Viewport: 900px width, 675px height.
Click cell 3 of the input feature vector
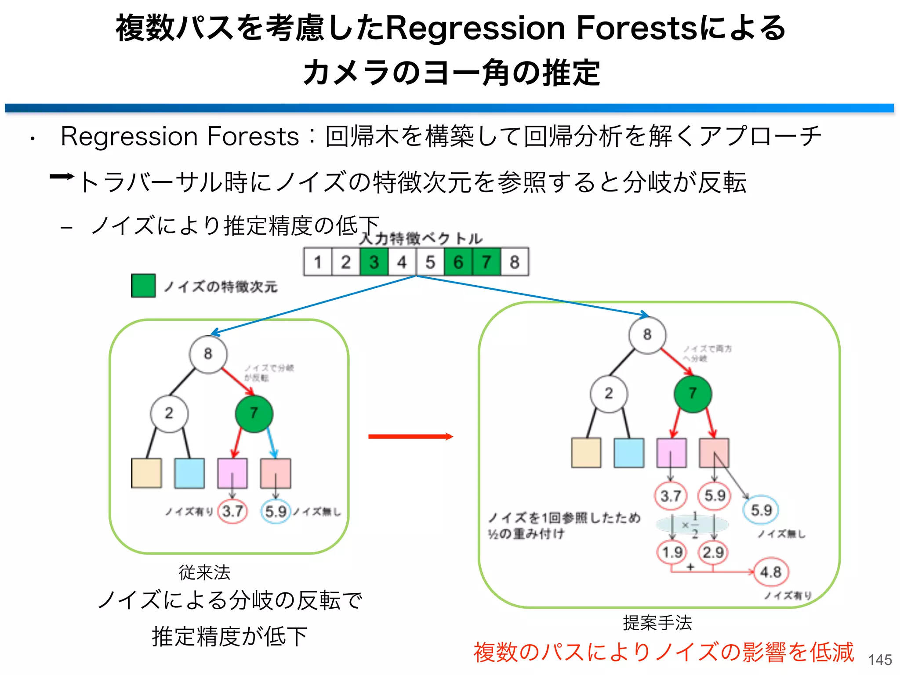coord(374,262)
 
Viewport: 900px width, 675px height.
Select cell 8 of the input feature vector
coord(515,262)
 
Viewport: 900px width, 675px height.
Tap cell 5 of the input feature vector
coord(430,262)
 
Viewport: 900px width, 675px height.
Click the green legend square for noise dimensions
coord(143,286)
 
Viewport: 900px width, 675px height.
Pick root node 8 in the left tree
coord(208,354)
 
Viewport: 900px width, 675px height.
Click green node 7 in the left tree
coord(254,413)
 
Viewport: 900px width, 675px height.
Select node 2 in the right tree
coord(609,393)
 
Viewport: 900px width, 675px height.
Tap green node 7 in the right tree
coord(693,393)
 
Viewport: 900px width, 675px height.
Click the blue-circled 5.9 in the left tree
coord(276,511)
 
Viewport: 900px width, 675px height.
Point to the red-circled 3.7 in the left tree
coord(232,511)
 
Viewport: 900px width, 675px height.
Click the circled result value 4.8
coord(771,572)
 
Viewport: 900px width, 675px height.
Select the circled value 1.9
coord(672,552)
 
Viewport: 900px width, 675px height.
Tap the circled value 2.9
coord(713,552)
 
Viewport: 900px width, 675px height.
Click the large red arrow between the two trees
coord(410,436)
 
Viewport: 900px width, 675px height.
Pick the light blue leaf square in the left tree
coord(189,473)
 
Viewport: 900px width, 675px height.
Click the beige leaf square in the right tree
coord(586,453)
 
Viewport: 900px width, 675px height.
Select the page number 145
coord(880,660)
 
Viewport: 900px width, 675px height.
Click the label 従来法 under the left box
coord(204,572)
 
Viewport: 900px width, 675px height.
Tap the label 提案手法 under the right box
coord(657,622)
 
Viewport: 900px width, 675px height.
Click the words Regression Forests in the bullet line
coord(180,136)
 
